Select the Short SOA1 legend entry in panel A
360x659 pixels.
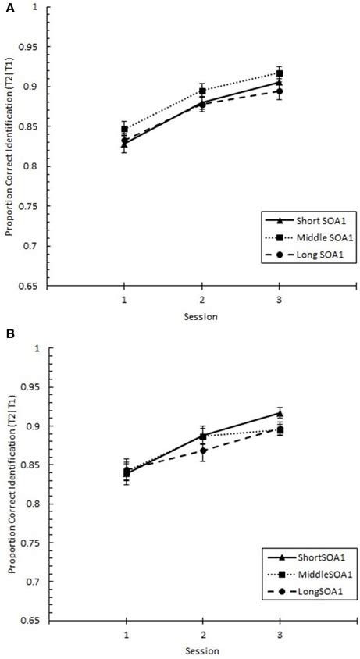pyautogui.click(x=310, y=218)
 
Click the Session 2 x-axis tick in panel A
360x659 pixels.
pyautogui.click(x=202, y=299)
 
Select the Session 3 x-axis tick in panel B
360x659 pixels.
pyautogui.click(x=280, y=636)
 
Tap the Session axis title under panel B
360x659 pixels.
pyautogui.click(x=202, y=651)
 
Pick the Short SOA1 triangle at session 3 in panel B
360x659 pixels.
pyautogui.click(x=280, y=413)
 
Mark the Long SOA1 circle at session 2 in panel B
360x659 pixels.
pyautogui.click(x=202, y=451)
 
